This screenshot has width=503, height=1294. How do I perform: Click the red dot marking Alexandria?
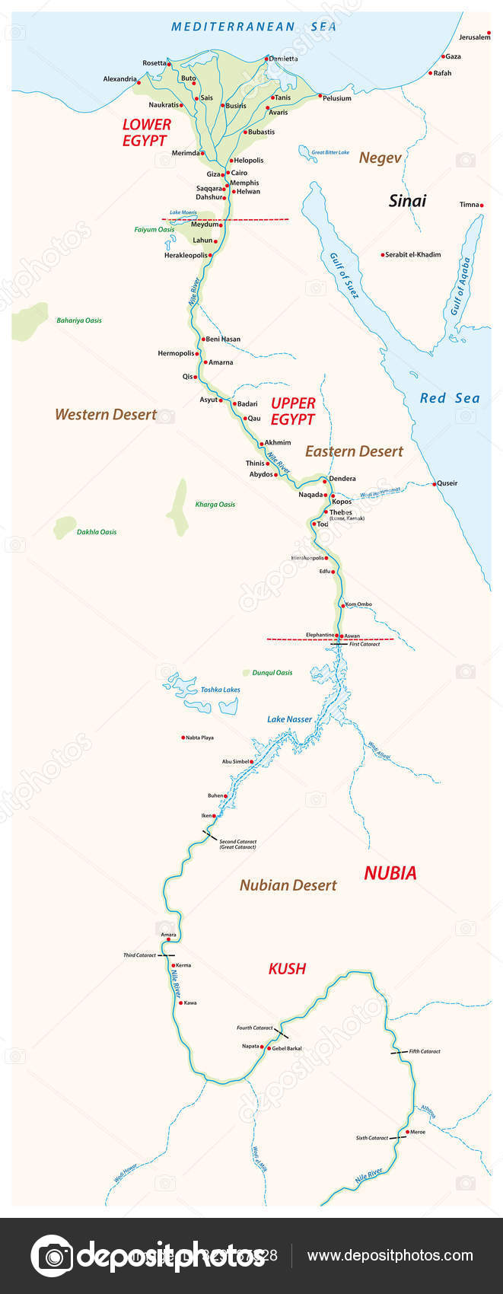139,78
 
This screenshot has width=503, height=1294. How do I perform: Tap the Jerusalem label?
474,37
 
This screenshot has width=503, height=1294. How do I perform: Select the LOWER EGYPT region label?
146,132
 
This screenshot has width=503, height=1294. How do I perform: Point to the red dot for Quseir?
434,483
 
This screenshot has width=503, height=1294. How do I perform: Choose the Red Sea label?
450,398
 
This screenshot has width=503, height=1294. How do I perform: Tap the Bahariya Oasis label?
79,320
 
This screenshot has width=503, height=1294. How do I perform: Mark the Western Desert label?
106,415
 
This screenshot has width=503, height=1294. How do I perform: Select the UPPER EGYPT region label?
293,411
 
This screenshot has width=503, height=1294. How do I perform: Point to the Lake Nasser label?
289,719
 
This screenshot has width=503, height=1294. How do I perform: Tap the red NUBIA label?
390,873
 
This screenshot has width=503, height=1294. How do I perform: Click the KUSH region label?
287,968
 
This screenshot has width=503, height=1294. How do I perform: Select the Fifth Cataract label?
425,1051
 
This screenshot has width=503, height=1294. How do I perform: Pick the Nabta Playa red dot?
183,738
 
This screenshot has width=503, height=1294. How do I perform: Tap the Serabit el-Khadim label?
413,255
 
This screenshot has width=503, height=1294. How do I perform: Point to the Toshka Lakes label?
220,690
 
